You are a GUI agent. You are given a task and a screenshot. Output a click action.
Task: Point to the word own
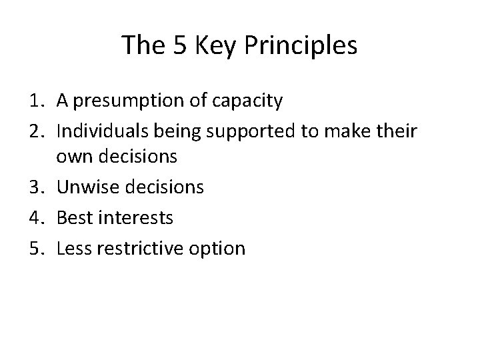click(x=71, y=157)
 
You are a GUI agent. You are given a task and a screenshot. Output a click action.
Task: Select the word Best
click(x=75, y=218)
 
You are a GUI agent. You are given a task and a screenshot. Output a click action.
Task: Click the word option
click(x=220, y=249)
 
